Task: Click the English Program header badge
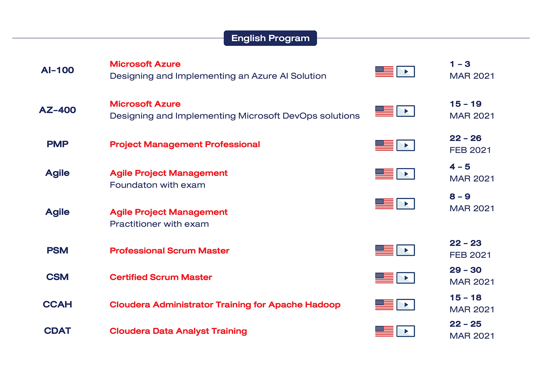[x=270, y=38]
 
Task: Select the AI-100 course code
[x=57, y=70]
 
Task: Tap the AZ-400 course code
[x=57, y=110]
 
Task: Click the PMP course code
[x=57, y=144]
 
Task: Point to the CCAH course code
[x=57, y=304]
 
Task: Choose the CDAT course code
[x=57, y=331]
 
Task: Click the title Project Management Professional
[x=185, y=144]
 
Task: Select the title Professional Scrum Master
[x=169, y=250]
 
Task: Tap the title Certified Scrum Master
[x=161, y=277]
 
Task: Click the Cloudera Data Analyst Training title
[x=178, y=331]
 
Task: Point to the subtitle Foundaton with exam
[x=157, y=185]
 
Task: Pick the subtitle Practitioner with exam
[x=159, y=224]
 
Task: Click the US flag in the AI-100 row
[x=384, y=71]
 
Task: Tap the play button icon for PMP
[x=406, y=145]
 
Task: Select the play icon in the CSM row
[x=406, y=278]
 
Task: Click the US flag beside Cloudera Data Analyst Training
[x=384, y=331]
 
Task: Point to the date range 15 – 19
[x=465, y=104]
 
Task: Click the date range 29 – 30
[x=465, y=270]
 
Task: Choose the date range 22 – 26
[x=465, y=138]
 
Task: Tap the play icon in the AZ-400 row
[x=406, y=111]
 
